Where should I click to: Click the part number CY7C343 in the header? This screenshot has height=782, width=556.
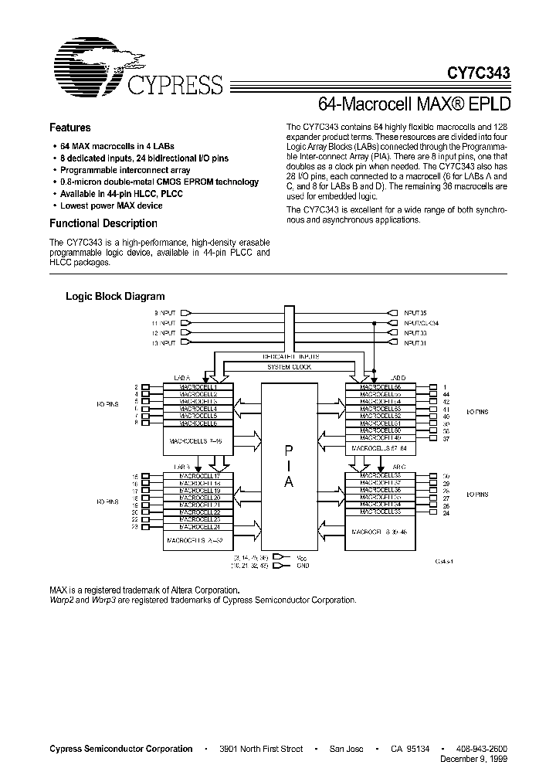(478, 73)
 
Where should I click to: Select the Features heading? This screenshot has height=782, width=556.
(69, 127)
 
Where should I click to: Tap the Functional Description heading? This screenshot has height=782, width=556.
(103, 223)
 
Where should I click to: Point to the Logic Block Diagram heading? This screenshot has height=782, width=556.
(115, 296)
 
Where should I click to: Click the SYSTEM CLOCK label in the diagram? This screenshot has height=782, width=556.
(289, 367)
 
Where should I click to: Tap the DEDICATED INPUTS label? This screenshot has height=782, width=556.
(289, 356)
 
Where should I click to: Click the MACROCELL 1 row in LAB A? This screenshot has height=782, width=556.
(198, 386)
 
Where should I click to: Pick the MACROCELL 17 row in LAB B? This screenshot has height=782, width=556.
(198, 477)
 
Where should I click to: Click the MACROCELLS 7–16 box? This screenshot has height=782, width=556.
(198, 440)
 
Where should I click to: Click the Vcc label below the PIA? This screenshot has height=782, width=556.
(301, 556)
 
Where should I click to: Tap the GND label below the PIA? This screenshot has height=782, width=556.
(302, 565)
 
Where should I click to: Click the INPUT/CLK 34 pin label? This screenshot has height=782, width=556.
(421, 323)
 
